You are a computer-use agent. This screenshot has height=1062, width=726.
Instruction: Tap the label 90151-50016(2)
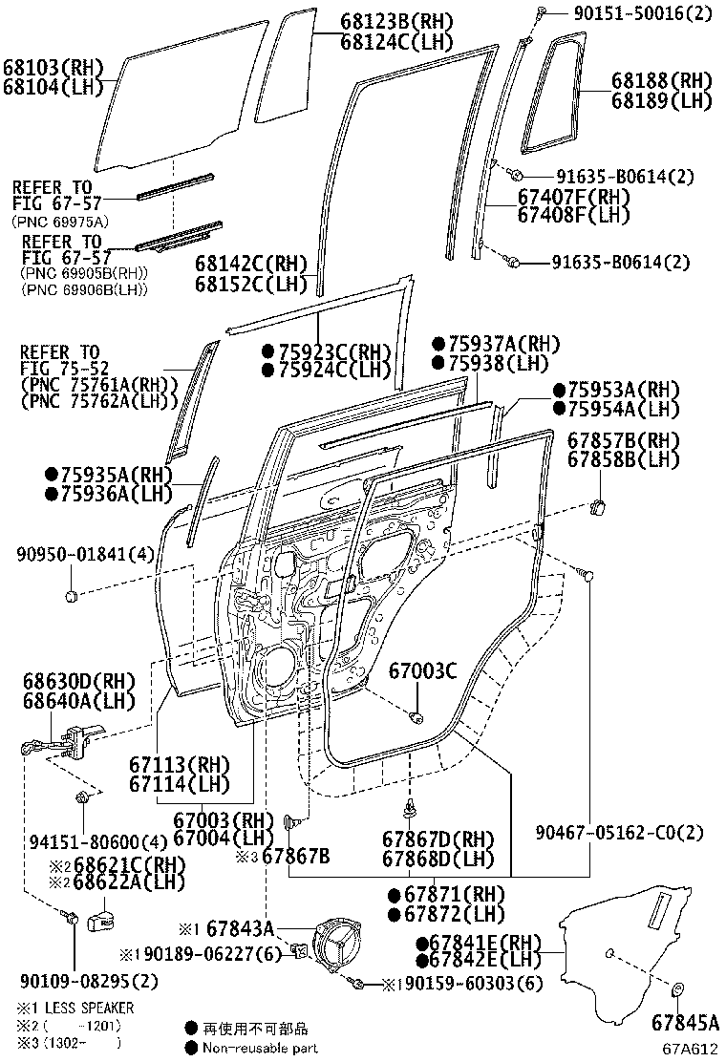tap(630, 12)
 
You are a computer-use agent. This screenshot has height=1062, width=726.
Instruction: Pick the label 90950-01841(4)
tap(72, 555)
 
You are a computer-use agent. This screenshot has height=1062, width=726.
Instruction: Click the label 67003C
tap(422, 671)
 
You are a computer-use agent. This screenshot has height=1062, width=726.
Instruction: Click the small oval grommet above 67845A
tap(677, 989)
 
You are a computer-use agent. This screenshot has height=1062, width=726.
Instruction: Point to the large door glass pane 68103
tap(177, 96)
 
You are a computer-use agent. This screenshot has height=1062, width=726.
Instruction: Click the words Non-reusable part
tap(260, 1048)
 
